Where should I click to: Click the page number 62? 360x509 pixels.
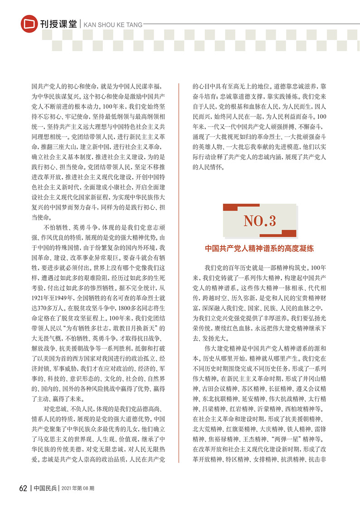coord(24,488)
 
